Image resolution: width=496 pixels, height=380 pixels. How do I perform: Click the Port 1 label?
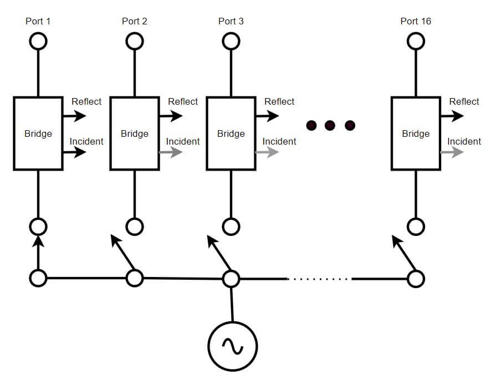(x=38, y=21)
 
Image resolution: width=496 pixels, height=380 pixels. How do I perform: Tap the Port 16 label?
(x=416, y=21)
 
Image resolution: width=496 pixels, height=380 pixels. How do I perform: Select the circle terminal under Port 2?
(x=135, y=41)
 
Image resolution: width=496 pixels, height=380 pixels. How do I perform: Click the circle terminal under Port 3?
(x=231, y=41)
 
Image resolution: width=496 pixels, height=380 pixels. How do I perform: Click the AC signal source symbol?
(x=233, y=346)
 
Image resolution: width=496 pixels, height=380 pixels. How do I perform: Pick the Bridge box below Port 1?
(x=38, y=133)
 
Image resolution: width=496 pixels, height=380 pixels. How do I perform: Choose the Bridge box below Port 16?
(x=416, y=133)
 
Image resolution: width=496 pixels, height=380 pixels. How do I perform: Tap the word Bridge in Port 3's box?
(x=231, y=133)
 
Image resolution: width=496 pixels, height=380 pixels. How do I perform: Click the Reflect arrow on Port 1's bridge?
(x=75, y=116)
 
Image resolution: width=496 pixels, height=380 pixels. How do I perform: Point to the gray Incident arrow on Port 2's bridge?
(x=171, y=152)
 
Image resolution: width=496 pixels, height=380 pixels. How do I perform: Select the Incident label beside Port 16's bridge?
(x=464, y=141)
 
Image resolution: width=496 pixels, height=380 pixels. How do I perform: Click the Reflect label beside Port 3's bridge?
(x=279, y=101)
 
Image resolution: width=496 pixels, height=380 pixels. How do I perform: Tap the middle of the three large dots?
(x=330, y=125)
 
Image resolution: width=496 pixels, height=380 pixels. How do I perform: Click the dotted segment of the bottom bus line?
(x=319, y=279)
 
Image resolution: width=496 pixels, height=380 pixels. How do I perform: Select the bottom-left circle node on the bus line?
(x=38, y=278)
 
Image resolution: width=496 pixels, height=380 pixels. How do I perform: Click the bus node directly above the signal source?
(x=231, y=278)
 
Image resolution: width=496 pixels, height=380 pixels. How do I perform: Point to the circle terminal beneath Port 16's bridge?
(x=416, y=226)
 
